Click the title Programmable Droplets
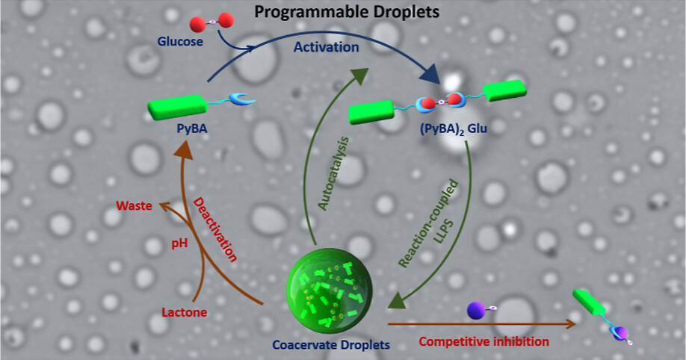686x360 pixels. [x=347, y=12]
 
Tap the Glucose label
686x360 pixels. [x=180, y=42]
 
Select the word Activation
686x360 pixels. [x=326, y=47]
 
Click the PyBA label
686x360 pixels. [x=192, y=128]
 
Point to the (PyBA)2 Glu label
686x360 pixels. [x=454, y=129]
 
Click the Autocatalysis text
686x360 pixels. [x=333, y=173]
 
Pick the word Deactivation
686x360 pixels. [x=215, y=229]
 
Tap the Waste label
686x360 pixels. [x=135, y=205]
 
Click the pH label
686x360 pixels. [x=179, y=243]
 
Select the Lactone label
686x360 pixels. [x=184, y=312]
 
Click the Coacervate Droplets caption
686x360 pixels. [x=331, y=345]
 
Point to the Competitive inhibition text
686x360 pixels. [x=484, y=341]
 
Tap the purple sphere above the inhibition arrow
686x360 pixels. [x=477, y=310]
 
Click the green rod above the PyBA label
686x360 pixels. [x=177, y=107]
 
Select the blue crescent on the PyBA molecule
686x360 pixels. [x=241, y=99]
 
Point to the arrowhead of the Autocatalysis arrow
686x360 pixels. [x=358, y=75]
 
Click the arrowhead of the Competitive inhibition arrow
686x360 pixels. [x=571, y=323]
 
